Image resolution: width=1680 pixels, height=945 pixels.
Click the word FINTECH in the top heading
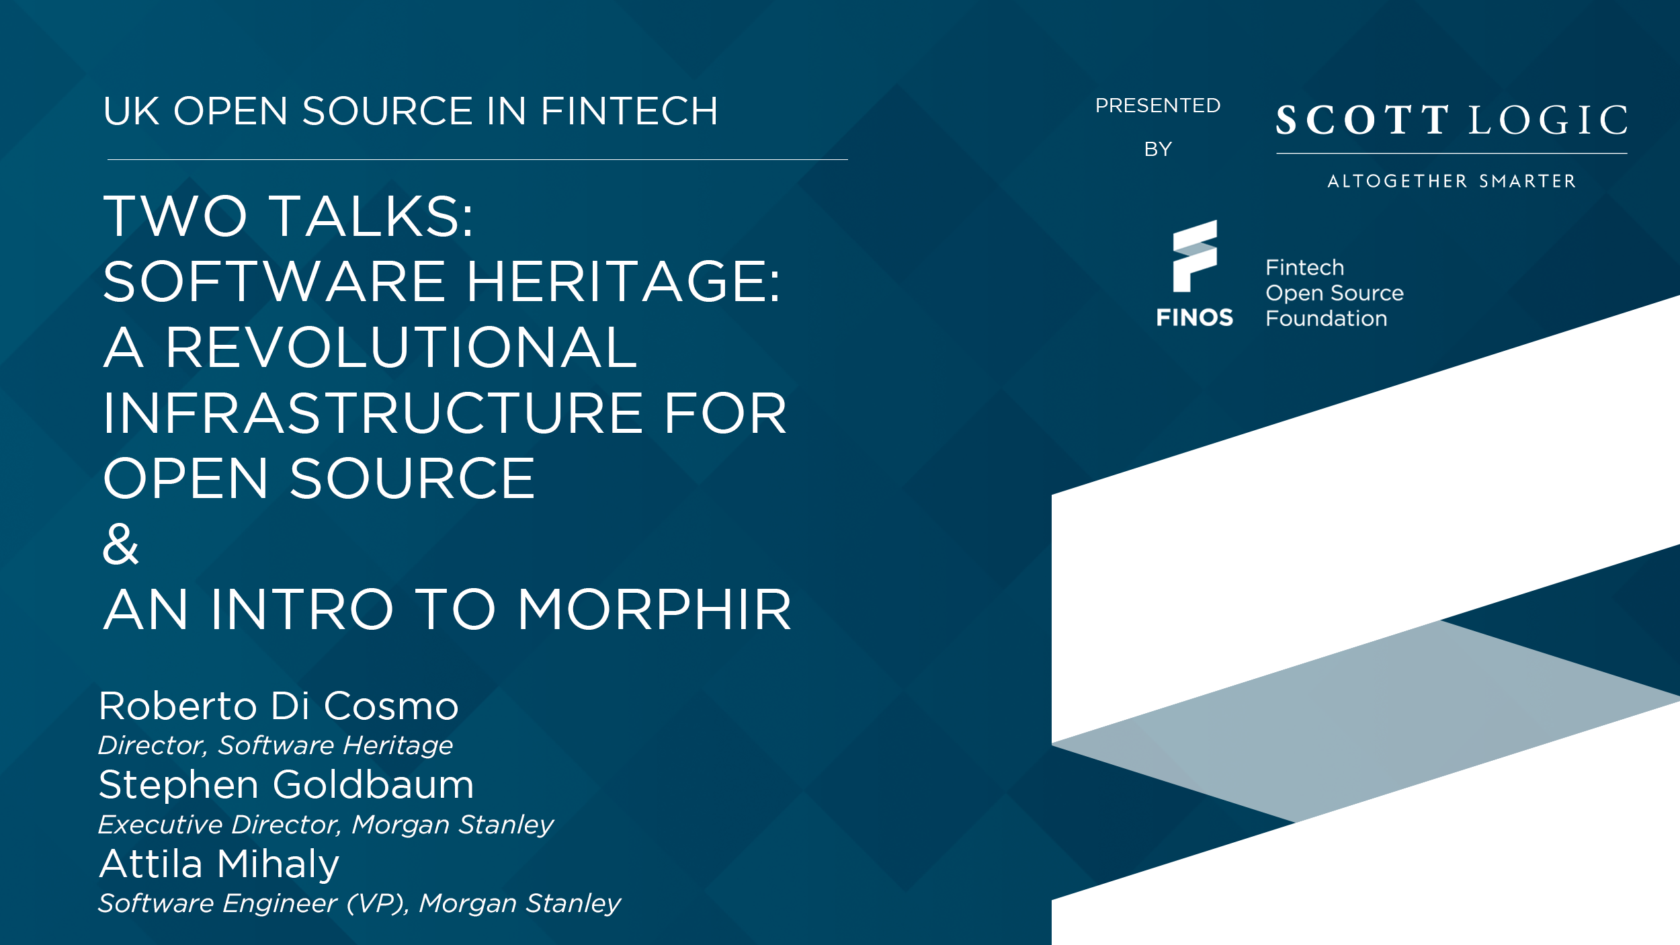click(x=630, y=111)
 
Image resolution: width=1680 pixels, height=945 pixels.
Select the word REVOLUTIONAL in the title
click(x=401, y=347)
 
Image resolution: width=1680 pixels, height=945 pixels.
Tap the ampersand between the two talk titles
click(x=121, y=544)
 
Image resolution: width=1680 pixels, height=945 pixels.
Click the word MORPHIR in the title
click(x=655, y=610)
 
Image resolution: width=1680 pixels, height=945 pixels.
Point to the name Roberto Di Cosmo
click(x=279, y=706)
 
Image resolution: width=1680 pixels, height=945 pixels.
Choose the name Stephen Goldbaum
click(x=286, y=784)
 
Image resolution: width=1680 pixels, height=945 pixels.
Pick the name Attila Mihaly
click(x=219, y=864)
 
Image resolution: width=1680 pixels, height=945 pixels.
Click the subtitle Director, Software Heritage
click(x=276, y=745)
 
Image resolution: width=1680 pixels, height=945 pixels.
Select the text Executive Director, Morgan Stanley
click(x=326, y=825)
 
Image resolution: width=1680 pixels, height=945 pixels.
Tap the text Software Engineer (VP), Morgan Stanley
click(x=360, y=903)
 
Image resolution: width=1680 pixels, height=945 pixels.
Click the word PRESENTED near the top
click(x=1158, y=106)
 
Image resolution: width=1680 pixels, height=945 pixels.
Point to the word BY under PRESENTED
click(x=1158, y=149)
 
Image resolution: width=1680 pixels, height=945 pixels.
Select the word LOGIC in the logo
click(x=1548, y=120)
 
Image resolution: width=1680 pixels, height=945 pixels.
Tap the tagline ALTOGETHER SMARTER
click(x=1452, y=181)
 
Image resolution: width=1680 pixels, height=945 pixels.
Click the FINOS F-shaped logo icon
click(x=1195, y=256)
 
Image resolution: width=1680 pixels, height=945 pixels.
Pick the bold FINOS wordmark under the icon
click(x=1195, y=317)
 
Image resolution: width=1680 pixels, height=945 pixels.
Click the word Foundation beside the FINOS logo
click(x=1327, y=319)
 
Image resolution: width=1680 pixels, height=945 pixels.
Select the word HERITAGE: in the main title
click(x=624, y=282)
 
